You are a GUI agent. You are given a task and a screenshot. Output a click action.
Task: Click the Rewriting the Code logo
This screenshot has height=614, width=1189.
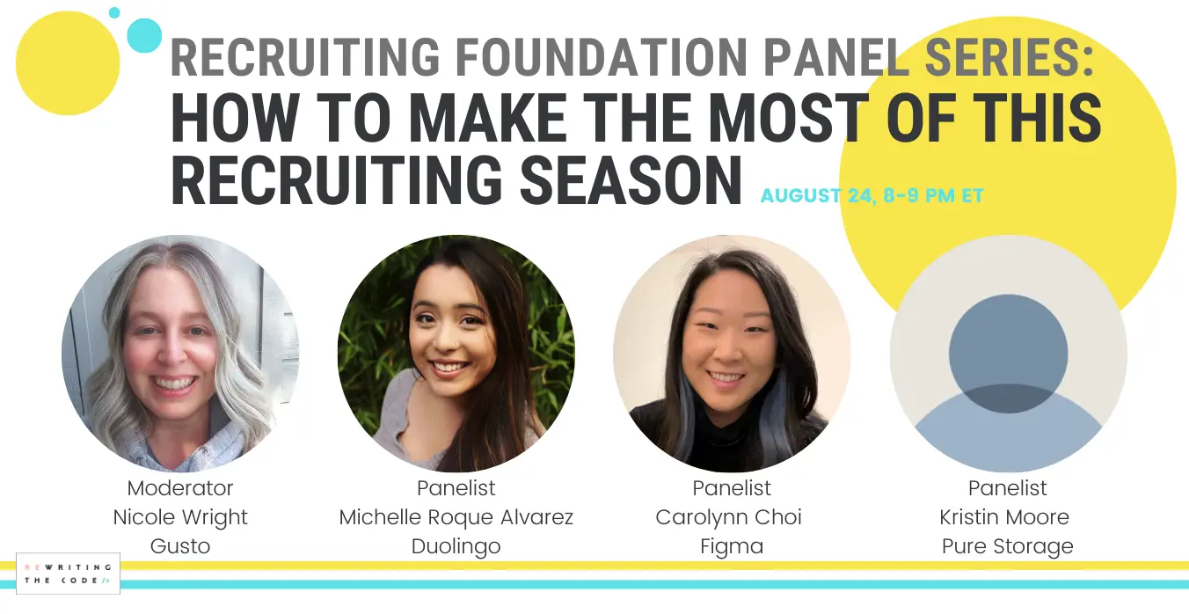click(x=68, y=574)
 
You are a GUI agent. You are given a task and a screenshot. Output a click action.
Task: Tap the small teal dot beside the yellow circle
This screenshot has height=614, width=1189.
click(x=114, y=12)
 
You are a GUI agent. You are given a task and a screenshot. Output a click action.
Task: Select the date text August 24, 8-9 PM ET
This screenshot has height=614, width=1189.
click(x=872, y=195)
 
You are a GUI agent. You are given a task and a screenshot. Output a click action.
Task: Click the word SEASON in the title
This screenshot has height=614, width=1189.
click(x=631, y=179)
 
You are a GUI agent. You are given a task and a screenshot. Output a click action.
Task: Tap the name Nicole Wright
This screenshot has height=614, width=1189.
click(x=180, y=517)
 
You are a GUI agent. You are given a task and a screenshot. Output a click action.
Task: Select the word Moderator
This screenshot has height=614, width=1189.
click(x=180, y=488)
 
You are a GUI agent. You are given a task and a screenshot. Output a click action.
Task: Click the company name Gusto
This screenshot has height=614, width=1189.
click(x=180, y=546)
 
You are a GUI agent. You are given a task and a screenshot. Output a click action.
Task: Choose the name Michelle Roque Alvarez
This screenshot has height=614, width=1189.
click(x=456, y=517)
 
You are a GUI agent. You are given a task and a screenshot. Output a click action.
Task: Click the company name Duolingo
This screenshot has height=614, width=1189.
click(x=456, y=546)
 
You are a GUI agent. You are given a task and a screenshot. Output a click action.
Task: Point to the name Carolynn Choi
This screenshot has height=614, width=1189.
click(x=728, y=517)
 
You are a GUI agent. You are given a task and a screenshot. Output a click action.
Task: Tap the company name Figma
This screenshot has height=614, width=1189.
click(x=732, y=546)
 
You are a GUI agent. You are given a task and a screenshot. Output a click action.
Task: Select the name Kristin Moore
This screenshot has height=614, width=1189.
click(x=1004, y=517)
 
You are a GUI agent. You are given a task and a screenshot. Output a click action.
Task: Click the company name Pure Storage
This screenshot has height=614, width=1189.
click(x=1008, y=546)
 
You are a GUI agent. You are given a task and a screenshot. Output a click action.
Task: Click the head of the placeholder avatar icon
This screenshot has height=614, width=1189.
click(x=1008, y=354)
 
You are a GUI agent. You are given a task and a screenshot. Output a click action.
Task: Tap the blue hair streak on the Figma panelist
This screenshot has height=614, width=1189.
click(x=774, y=420)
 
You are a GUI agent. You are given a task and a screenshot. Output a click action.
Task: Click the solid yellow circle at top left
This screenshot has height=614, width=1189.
click(x=68, y=63)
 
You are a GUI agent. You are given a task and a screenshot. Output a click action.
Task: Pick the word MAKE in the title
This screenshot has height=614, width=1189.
click(x=488, y=118)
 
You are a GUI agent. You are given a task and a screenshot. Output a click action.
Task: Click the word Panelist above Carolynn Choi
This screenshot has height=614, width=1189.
click(x=732, y=488)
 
